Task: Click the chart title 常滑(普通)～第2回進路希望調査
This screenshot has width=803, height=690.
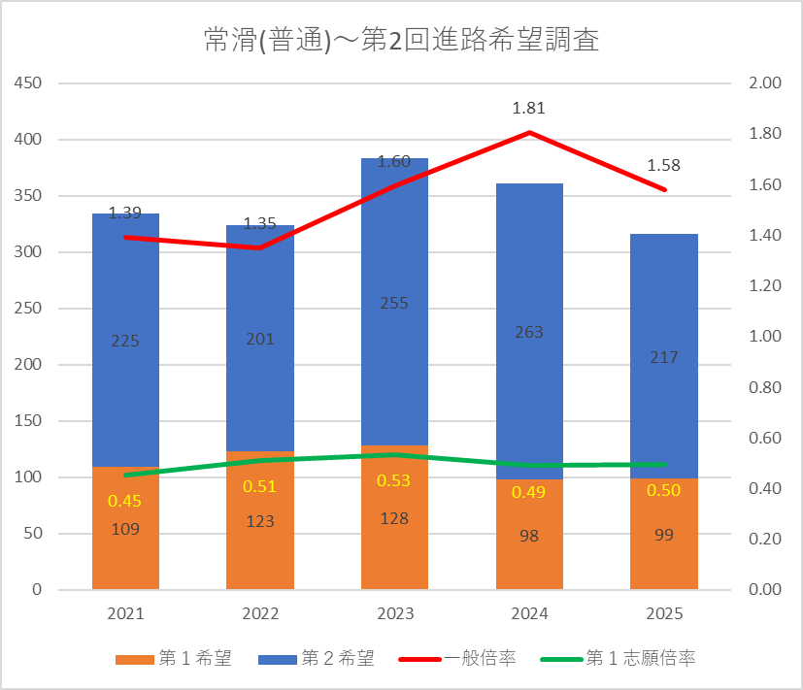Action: point(402,40)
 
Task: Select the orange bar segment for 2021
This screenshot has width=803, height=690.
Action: point(125,528)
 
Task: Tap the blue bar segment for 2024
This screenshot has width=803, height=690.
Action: point(529,331)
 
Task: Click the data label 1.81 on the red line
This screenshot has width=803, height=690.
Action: point(529,108)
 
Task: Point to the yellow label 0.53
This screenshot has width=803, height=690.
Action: point(394,480)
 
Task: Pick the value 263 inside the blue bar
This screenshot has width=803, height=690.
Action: point(529,332)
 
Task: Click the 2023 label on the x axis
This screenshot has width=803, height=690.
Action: point(395,613)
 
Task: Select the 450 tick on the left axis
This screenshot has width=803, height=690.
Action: point(27,82)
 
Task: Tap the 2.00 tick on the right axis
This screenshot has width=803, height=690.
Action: point(765,82)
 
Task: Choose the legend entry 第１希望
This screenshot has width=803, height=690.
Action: point(174,658)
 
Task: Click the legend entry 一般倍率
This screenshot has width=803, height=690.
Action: point(457,658)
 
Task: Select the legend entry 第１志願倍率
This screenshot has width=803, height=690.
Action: point(619,658)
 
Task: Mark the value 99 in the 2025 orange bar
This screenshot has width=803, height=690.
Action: point(664,535)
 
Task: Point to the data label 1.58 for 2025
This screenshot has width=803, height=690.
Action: point(664,165)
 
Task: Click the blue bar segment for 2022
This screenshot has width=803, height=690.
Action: point(260,338)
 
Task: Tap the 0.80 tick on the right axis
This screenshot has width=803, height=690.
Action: point(765,387)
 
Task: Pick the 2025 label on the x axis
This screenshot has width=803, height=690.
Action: point(664,613)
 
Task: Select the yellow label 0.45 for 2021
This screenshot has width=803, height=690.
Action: point(124,501)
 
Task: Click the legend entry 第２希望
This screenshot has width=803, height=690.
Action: point(317,658)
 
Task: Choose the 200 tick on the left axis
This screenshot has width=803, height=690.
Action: point(27,365)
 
